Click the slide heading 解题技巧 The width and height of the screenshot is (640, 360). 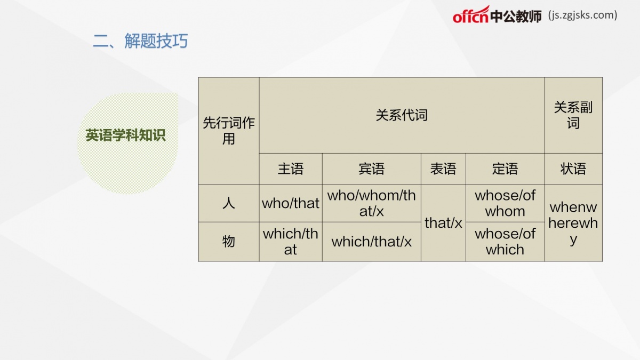[x=156, y=41]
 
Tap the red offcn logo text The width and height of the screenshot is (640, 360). [x=470, y=15]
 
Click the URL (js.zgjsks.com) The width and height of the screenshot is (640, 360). [x=582, y=15]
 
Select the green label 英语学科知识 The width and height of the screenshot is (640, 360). [x=125, y=135]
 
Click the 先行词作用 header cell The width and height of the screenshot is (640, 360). [x=229, y=131]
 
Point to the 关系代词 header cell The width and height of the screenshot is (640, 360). [x=402, y=115]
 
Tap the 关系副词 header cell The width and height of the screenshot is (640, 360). [x=573, y=115]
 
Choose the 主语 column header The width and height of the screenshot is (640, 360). [x=291, y=169]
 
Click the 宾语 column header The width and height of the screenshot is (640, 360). [x=371, y=169]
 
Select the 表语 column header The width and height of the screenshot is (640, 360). [x=443, y=169]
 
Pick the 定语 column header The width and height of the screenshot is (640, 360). [x=505, y=169]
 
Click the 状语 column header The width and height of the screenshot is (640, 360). [x=573, y=169]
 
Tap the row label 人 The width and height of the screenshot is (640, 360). [x=229, y=203]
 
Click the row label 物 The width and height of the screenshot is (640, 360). [x=229, y=242]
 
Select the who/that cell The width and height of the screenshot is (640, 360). [x=291, y=203]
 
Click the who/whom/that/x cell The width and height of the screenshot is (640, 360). [x=371, y=203]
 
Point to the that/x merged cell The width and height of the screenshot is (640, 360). [x=443, y=223]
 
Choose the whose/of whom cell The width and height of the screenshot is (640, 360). [x=505, y=203]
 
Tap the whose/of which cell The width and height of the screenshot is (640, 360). [x=505, y=242]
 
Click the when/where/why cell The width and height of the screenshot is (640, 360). [x=573, y=223]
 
